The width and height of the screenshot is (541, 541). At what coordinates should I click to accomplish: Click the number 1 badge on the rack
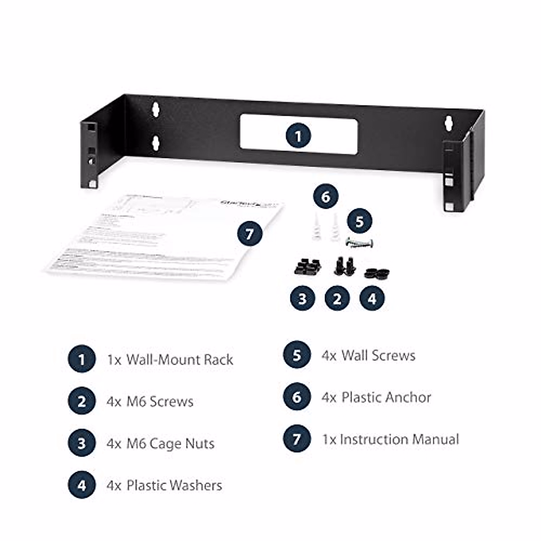coord(298,135)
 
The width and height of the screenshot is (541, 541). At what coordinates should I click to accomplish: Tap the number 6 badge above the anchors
coord(326,197)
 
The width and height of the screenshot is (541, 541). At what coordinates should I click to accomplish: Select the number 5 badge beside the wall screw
coord(359,221)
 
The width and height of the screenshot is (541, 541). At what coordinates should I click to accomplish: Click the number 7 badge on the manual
coord(250,234)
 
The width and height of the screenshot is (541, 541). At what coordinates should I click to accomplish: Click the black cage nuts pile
coord(307,267)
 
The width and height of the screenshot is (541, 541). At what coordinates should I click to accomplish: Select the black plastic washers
coord(377,273)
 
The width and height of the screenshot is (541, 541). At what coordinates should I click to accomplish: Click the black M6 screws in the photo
coord(344,266)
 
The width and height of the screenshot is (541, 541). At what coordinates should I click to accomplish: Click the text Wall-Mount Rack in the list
coord(179,360)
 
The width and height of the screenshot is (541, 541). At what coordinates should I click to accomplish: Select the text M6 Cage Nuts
coord(170,444)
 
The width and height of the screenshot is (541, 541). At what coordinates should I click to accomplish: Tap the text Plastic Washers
coord(174,486)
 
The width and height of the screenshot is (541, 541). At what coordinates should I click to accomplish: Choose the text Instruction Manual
coord(399,440)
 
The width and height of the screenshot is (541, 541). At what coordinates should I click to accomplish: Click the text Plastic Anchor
coord(386,398)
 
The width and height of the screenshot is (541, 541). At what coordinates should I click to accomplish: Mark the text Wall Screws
coord(378,355)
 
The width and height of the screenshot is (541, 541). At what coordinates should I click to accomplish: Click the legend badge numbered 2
coord(82,402)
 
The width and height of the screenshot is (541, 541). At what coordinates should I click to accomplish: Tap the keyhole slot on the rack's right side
coord(449,124)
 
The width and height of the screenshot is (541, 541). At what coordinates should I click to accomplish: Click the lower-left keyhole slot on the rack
coord(156,143)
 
